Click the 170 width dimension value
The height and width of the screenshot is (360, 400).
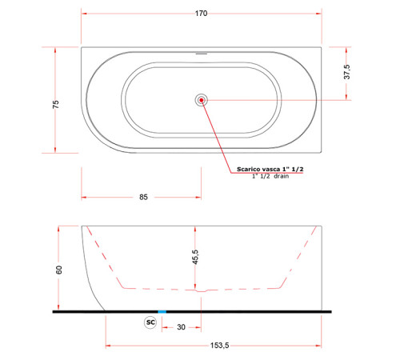click(x=201, y=14)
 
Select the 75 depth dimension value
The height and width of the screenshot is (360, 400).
click(x=56, y=104)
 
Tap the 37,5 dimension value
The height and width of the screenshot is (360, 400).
click(x=347, y=72)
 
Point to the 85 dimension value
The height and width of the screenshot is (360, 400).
click(x=143, y=197)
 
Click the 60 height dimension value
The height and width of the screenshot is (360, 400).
click(x=59, y=270)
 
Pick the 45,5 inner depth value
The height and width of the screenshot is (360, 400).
click(x=195, y=257)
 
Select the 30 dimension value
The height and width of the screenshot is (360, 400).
click(x=181, y=327)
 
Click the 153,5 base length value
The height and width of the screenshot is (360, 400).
click(x=219, y=346)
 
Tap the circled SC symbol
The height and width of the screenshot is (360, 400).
click(x=150, y=322)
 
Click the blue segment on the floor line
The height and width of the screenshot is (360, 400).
click(x=162, y=311)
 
